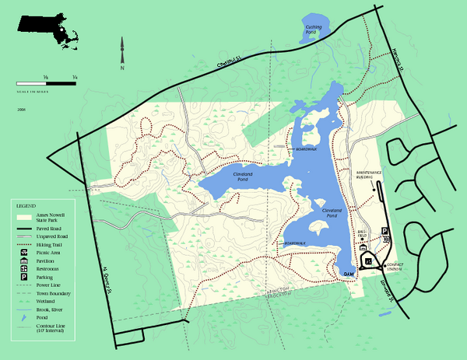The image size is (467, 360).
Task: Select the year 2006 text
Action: coord(21,110)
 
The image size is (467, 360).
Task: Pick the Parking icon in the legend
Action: coord(25,277)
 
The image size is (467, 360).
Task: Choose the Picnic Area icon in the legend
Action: coord(25,253)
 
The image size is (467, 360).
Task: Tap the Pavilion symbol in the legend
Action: coord(25,260)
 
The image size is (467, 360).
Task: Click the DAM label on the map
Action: coord(349,273)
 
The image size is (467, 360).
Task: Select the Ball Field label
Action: coord(361,232)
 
